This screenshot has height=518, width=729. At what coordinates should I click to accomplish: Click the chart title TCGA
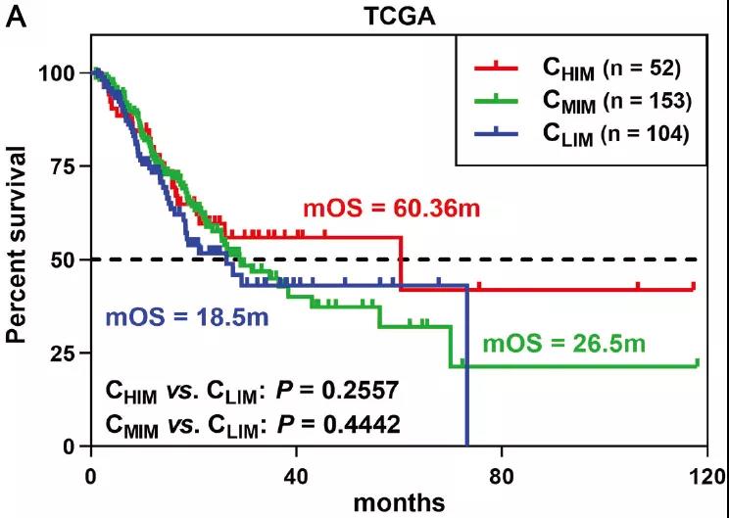pos(388,16)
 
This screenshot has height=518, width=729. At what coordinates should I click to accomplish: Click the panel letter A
pos(17,17)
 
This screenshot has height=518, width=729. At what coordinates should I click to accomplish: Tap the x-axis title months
pos(399,501)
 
